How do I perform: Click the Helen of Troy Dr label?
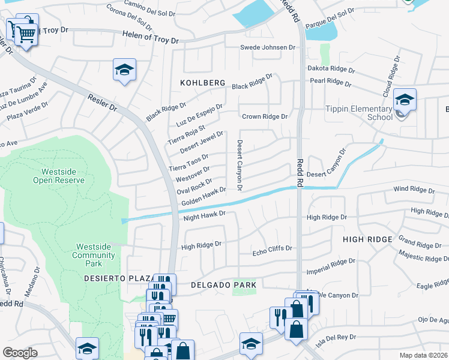click(x=150, y=40)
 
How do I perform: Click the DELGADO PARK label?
click(x=223, y=285)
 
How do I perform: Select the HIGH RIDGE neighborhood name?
click(x=367, y=239)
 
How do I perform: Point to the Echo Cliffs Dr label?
click(x=272, y=248)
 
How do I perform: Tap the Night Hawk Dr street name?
click(x=204, y=215)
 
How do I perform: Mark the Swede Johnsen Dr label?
click(x=268, y=47)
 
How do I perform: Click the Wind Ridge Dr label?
click(x=414, y=190)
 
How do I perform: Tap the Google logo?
click(x=20, y=353)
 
